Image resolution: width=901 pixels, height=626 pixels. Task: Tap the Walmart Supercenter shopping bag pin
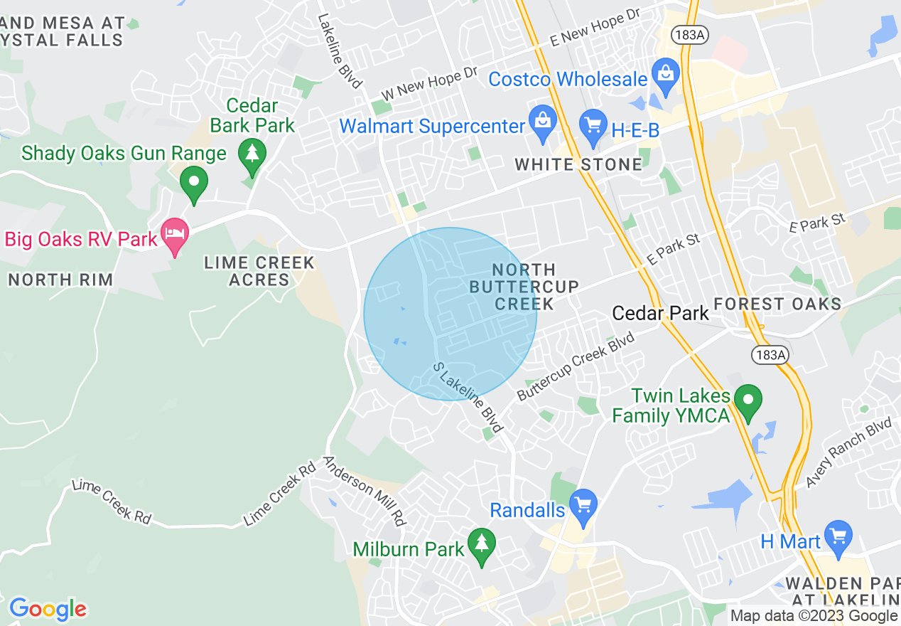(542, 123)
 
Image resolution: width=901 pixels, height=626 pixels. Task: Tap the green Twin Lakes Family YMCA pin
(747, 401)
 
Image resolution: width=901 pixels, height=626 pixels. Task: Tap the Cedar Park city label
(660, 314)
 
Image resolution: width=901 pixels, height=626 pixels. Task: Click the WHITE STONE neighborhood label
(578, 165)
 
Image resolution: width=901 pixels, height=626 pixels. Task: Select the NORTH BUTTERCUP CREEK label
(524, 287)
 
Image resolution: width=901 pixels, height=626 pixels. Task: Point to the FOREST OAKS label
(777, 304)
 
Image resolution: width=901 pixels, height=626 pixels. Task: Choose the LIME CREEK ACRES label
(259, 271)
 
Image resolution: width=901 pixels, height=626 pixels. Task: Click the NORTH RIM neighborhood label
(60, 280)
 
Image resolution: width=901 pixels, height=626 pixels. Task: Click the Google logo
(48, 609)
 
